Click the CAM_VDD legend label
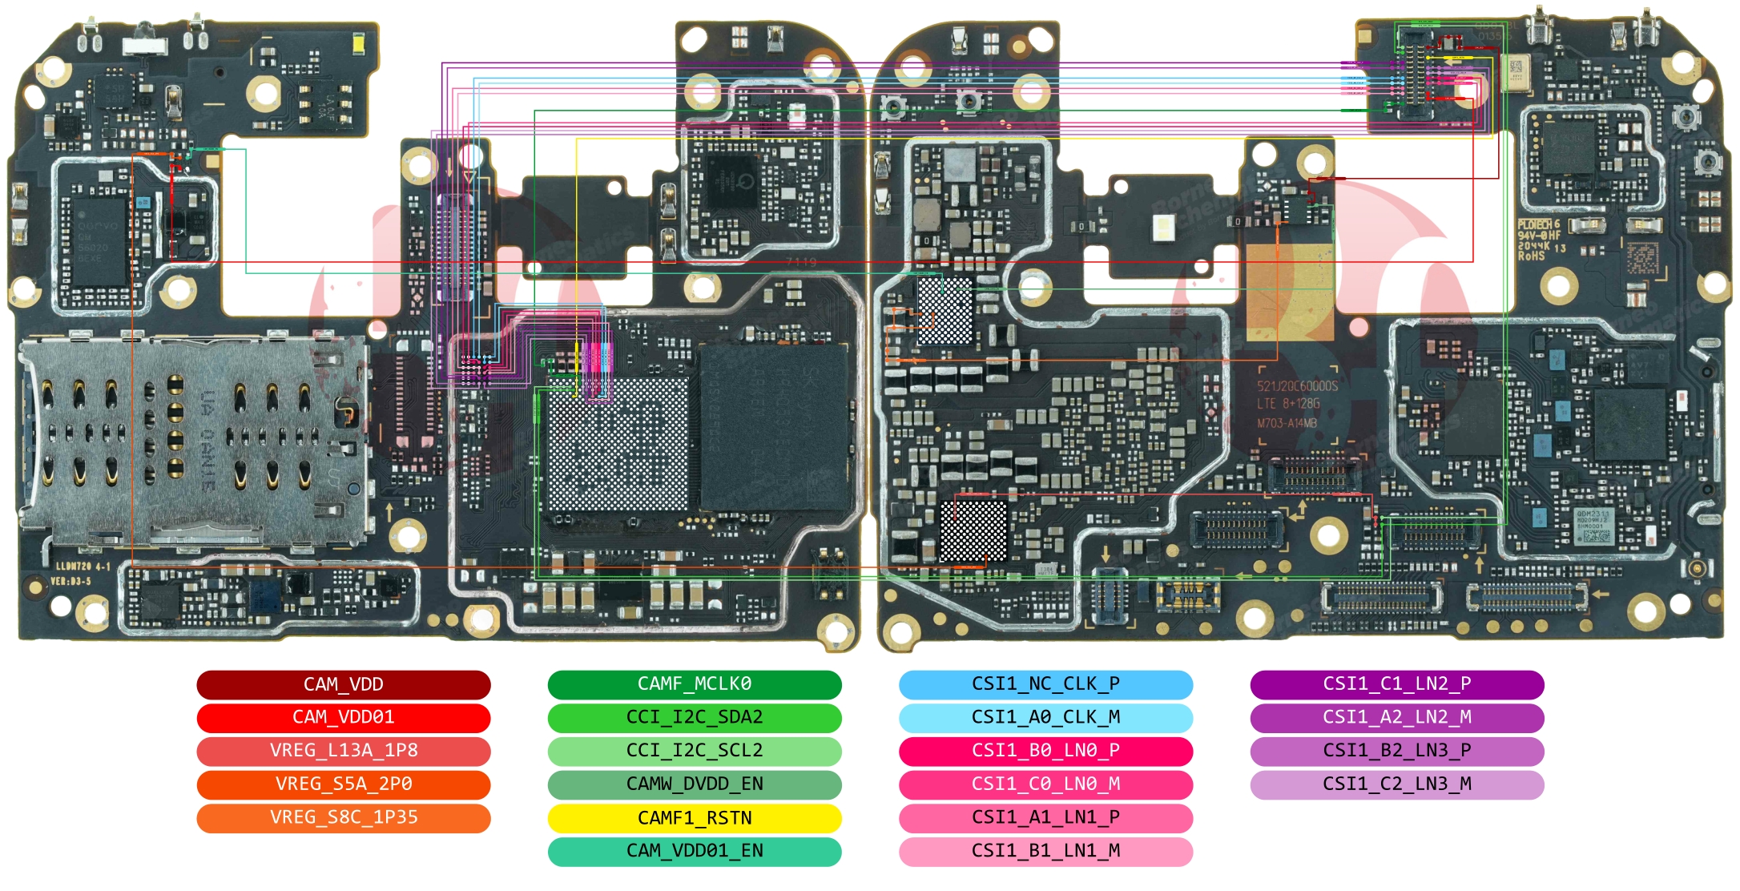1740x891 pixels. [x=343, y=684]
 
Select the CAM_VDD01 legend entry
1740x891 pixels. [x=343, y=717]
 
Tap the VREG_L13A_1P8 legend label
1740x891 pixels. [x=343, y=751]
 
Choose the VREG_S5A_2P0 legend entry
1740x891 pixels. [x=343, y=784]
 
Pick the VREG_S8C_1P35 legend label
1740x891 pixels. [x=343, y=817]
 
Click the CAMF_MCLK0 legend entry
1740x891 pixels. [x=694, y=684]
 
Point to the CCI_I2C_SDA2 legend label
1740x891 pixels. [x=694, y=717]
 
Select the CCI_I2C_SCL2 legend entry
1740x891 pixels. [x=694, y=751]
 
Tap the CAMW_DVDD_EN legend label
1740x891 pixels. [x=694, y=784]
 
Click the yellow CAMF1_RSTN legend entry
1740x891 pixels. [x=694, y=818]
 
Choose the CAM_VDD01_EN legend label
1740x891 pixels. [x=694, y=851]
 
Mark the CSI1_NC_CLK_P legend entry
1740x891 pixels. [x=1045, y=684]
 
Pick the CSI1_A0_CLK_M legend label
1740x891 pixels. [x=1045, y=717]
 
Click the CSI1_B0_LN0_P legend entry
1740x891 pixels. [x=1045, y=751]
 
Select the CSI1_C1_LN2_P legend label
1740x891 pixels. [x=1396, y=684]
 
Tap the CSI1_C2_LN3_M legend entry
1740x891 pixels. [x=1396, y=784]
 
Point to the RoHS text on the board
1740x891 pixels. [x=1530, y=256]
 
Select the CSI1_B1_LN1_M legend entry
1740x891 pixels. [x=1045, y=851]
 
